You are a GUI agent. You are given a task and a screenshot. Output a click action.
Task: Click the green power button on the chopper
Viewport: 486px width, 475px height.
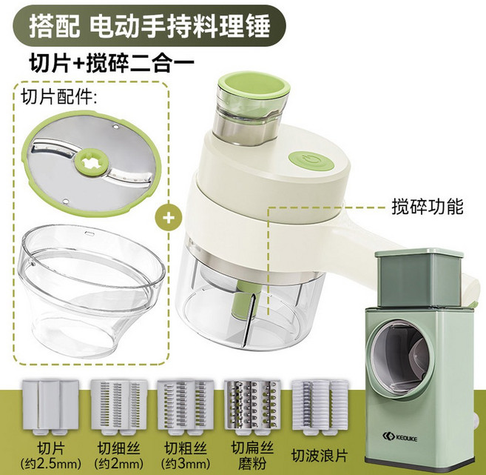pos(311,162)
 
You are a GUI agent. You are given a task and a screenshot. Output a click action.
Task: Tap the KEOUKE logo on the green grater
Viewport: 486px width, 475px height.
pos(399,438)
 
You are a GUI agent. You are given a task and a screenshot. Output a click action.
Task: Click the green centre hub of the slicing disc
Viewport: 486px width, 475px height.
pos(89,162)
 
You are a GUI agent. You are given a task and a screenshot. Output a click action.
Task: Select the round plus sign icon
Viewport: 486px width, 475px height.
pos(169,218)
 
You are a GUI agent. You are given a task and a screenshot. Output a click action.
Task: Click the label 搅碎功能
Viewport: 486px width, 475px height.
pos(428,207)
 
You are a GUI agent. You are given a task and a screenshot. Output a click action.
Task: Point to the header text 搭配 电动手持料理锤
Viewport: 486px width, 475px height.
pos(149,27)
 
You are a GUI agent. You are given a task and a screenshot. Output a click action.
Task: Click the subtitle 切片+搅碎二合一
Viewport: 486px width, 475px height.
pos(112,63)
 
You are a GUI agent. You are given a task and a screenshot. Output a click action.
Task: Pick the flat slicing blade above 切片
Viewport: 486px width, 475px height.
pos(50,408)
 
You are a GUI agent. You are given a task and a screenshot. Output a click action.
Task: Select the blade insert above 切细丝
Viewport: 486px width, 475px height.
pos(119,408)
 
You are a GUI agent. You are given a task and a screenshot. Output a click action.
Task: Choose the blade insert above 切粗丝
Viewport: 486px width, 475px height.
pos(186,408)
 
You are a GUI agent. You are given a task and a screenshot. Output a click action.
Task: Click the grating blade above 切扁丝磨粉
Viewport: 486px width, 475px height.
pos(252,408)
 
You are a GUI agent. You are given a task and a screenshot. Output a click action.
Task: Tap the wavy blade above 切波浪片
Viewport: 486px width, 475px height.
pos(320,408)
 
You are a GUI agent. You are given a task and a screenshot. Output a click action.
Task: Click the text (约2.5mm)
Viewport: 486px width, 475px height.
pos(51,463)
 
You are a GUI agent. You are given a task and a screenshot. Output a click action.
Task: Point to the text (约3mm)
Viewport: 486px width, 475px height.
pos(186,463)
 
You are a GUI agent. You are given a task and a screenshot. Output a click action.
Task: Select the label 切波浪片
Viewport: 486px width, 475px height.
pos(320,456)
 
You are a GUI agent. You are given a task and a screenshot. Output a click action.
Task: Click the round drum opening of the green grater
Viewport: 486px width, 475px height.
pos(400,356)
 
